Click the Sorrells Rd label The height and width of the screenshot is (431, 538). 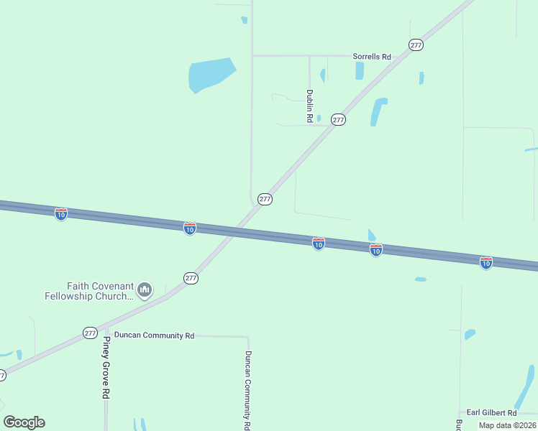[371, 56]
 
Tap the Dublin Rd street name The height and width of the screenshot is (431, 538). [309, 106]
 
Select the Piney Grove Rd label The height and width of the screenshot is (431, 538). [106, 367]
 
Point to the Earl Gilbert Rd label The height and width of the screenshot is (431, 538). [491, 413]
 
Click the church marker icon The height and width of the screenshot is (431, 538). [145, 290]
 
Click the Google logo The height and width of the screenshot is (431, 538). [24, 422]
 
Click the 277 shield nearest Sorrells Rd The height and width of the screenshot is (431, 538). [416, 45]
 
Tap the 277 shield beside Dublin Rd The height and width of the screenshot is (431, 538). [339, 119]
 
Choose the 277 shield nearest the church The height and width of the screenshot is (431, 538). [191, 278]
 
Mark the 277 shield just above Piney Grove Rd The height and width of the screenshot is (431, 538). [90, 333]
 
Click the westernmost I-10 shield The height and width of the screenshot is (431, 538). [61, 214]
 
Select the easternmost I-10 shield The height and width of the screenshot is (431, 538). [486, 263]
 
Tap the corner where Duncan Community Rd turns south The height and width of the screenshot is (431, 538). [247, 337]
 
